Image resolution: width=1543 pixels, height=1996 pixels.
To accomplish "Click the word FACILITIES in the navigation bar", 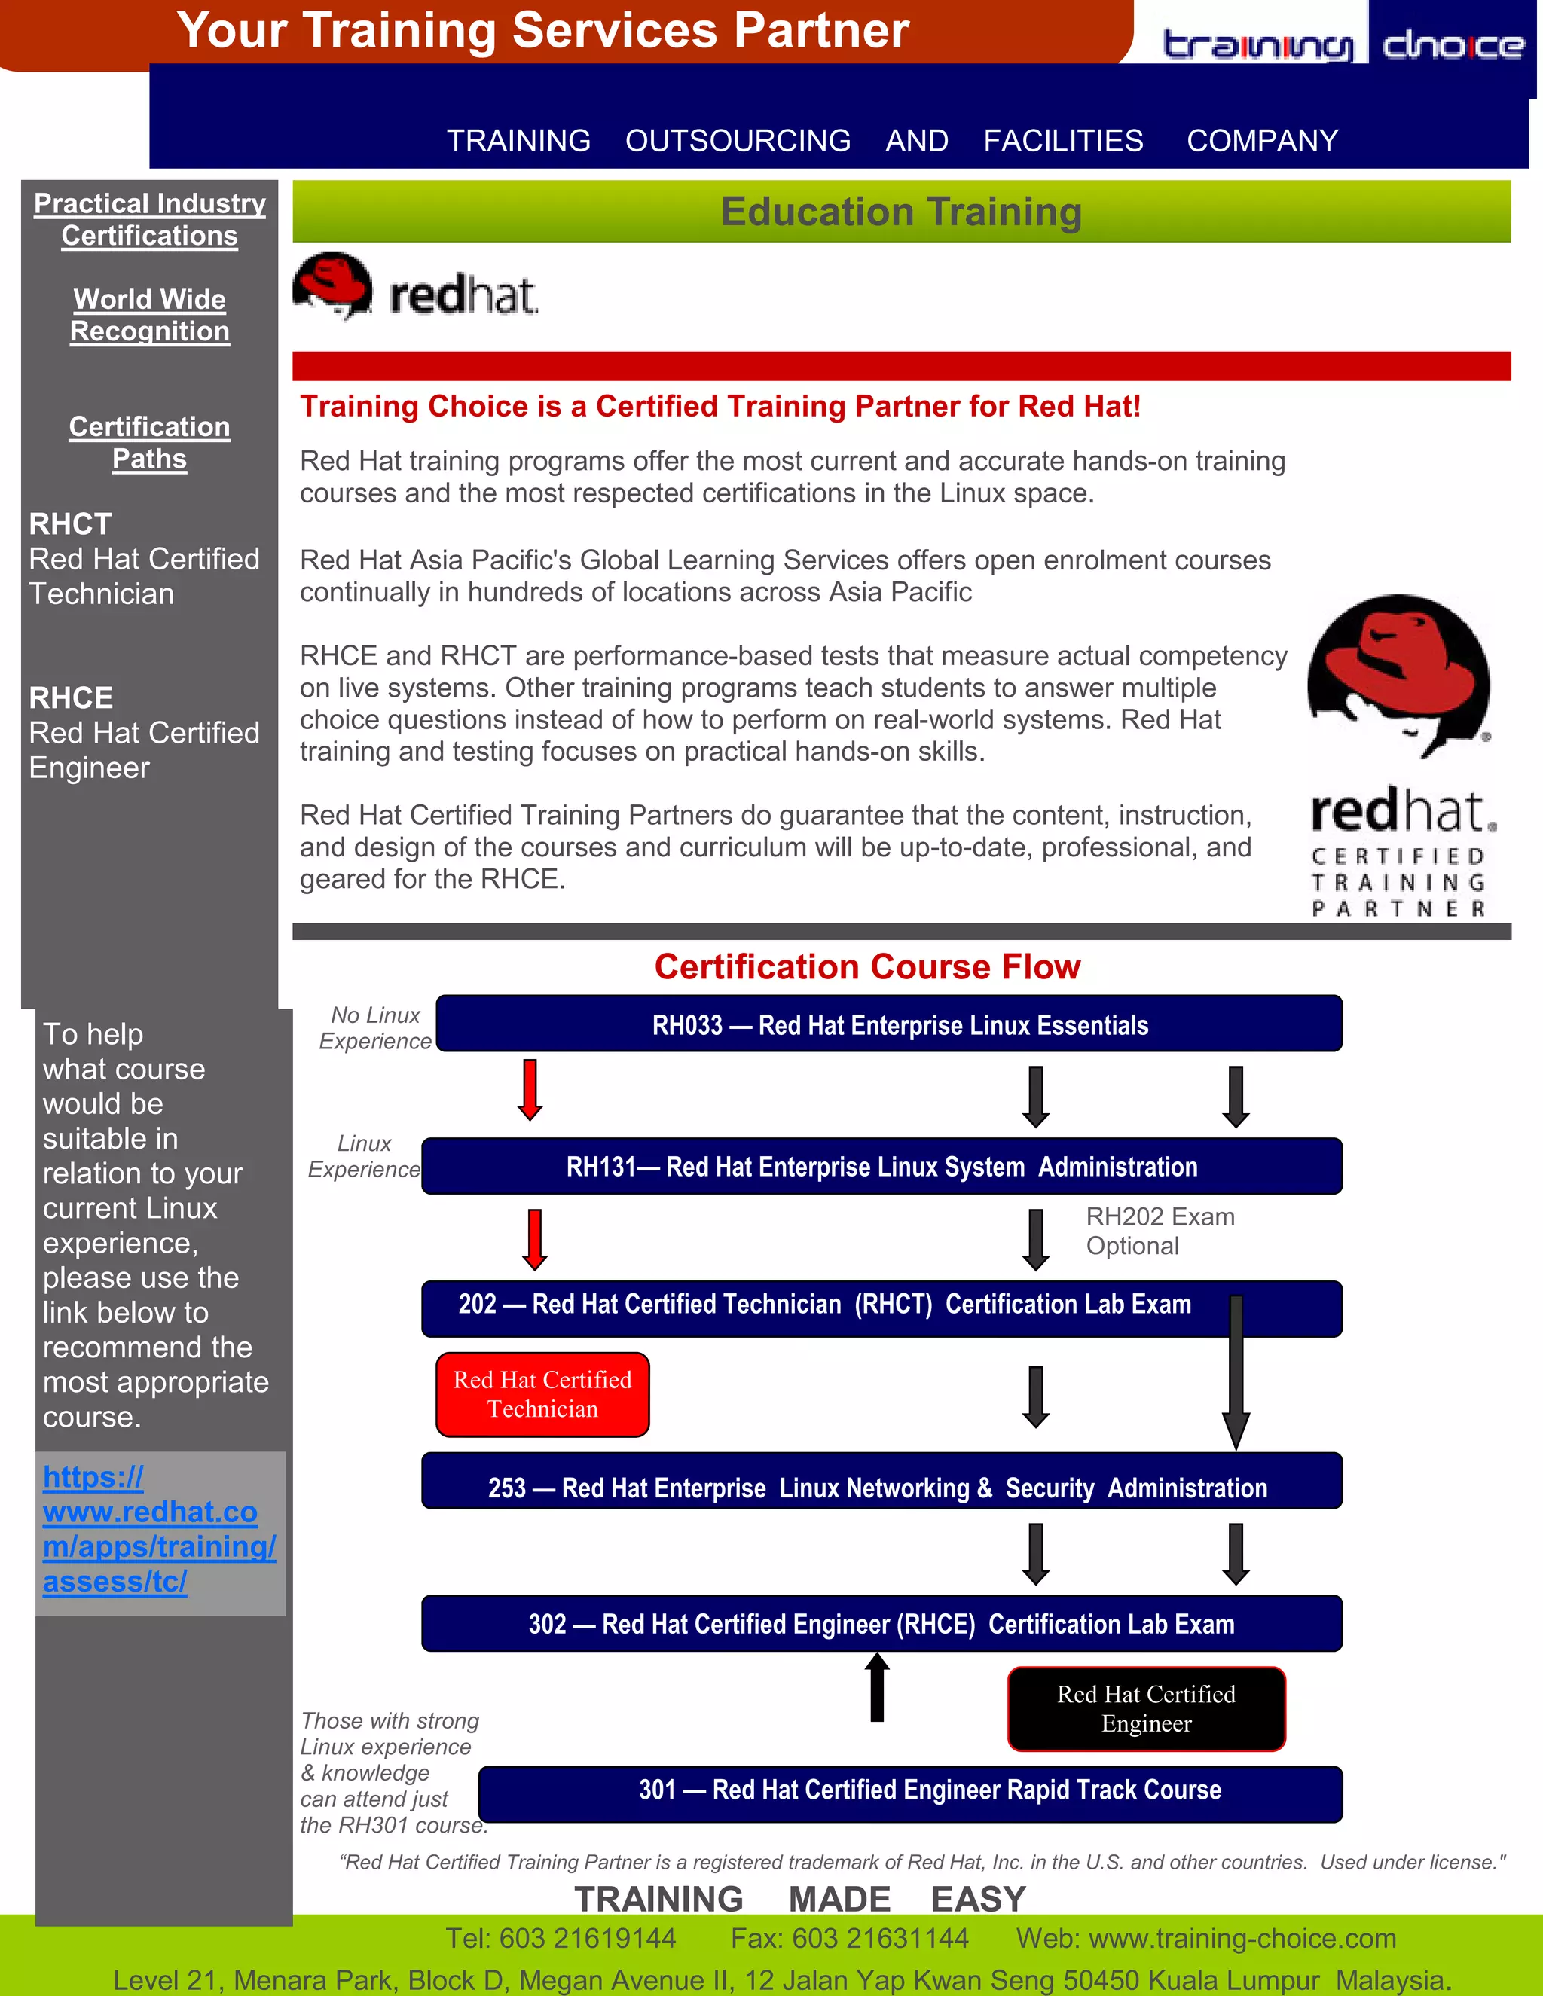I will click(x=1062, y=141).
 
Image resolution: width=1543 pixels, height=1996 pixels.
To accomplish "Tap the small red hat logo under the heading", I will click(x=416, y=288).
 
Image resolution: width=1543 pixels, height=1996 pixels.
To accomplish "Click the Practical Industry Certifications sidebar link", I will click(x=150, y=219).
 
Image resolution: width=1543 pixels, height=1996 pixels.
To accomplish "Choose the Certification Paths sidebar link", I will click(x=150, y=442).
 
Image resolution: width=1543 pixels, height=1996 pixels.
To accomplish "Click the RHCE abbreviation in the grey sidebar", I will click(x=72, y=698).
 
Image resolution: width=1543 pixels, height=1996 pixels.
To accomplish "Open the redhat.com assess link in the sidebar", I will click(x=157, y=1529).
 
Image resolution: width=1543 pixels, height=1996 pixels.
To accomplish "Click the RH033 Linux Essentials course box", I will click(x=888, y=1024).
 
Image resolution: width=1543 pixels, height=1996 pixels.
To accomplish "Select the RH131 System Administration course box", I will click(x=881, y=1166).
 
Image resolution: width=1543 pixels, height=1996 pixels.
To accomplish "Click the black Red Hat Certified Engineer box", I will click(x=1146, y=1709).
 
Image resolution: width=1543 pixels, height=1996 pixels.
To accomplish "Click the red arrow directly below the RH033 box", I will click(x=530, y=1089).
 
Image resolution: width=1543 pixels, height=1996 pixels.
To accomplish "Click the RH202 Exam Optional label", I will click(x=1159, y=1231).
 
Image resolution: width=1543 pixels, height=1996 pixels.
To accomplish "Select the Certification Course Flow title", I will click(x=866, y=967).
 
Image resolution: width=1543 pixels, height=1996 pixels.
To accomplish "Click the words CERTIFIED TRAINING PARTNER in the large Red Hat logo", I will click(x=1398, y=882).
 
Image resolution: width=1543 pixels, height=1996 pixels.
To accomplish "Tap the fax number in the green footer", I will click(x=849, y=1937).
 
